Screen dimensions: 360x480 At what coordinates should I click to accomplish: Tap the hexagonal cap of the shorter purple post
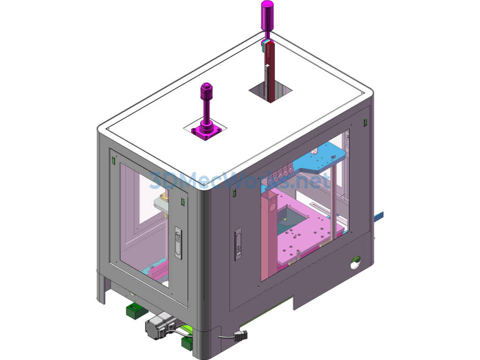click(x=205, y=88)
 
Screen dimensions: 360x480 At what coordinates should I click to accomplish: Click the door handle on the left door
click(x=178, y=243)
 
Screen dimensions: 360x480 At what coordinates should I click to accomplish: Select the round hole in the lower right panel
click(x=356, y=262)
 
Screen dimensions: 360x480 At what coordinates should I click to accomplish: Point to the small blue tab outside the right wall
click(x=379, y=216)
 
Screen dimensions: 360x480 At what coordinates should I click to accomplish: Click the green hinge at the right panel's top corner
click(x=365, y=122)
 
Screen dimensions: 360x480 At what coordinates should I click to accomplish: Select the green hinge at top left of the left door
click(x=113, y=160)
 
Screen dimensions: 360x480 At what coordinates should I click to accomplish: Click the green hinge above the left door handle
click(x=183, y=202)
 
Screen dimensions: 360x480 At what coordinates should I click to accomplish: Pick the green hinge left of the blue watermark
click(x=233, y=193)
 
